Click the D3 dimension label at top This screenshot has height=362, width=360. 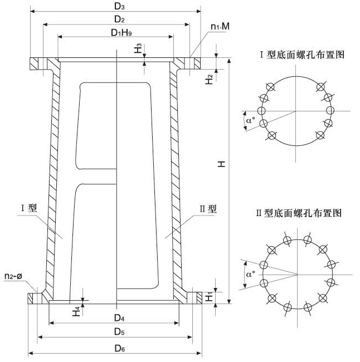116,6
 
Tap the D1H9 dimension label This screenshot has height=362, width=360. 116,33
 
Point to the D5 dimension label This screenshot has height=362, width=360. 115,332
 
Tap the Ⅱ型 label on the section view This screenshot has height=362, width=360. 208,209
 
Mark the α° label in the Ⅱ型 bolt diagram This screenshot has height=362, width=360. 249,274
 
